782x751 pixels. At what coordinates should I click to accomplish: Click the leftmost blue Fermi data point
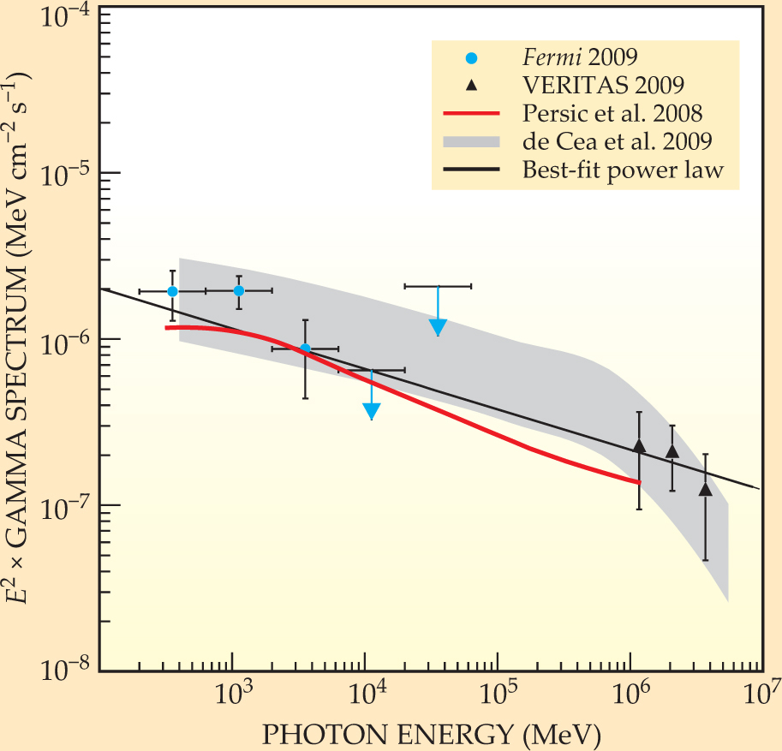[172, 291]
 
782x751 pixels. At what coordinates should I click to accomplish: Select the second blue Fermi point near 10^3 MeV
[239, 291]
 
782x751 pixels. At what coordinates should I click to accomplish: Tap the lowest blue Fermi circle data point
[305, 349]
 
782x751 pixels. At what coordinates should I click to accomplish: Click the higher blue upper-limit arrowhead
[438, 326]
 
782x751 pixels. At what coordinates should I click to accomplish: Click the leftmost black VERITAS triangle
[639, 446]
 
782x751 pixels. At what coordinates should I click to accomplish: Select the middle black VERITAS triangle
[672, 451]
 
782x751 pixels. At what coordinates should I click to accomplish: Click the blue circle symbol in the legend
[470, 58]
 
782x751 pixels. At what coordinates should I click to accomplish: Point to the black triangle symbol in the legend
[470, 86]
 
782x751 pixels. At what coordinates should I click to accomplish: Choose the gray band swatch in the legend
[470, 141]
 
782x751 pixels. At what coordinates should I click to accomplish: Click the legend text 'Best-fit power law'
[624, 170]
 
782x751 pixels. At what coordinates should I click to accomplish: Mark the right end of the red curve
[639, 482]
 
